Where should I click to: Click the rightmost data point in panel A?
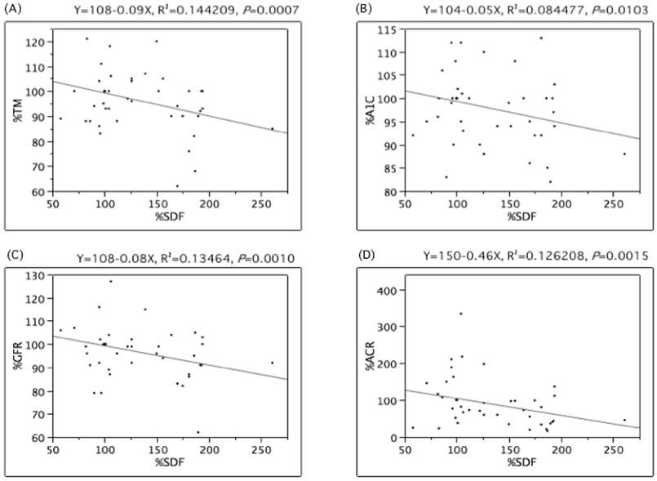273,128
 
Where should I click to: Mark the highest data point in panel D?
461,314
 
